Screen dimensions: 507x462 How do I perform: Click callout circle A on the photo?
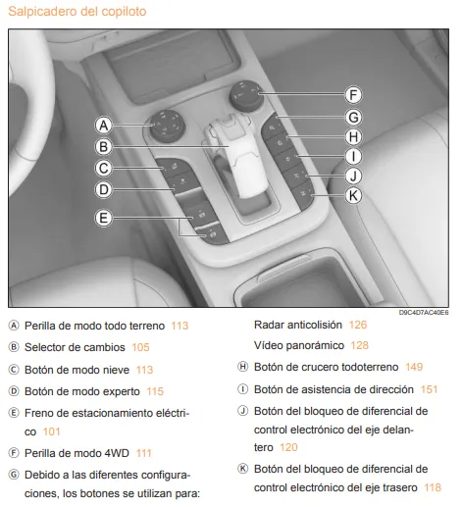103,125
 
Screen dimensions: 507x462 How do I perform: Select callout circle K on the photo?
354,195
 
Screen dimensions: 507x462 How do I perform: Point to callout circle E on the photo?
103,217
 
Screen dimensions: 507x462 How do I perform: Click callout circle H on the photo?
354,136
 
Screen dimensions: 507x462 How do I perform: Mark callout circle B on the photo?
103,146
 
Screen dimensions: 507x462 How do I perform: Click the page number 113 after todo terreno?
179,325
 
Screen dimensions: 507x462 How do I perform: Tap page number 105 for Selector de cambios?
140,346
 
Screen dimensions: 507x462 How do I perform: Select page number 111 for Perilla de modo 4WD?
144,452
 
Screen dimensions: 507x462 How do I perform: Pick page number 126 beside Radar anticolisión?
357,325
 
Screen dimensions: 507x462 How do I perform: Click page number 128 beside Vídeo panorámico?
359,346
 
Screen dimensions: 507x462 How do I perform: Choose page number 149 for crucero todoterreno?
413,367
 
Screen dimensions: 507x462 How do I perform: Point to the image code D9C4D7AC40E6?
424,312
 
